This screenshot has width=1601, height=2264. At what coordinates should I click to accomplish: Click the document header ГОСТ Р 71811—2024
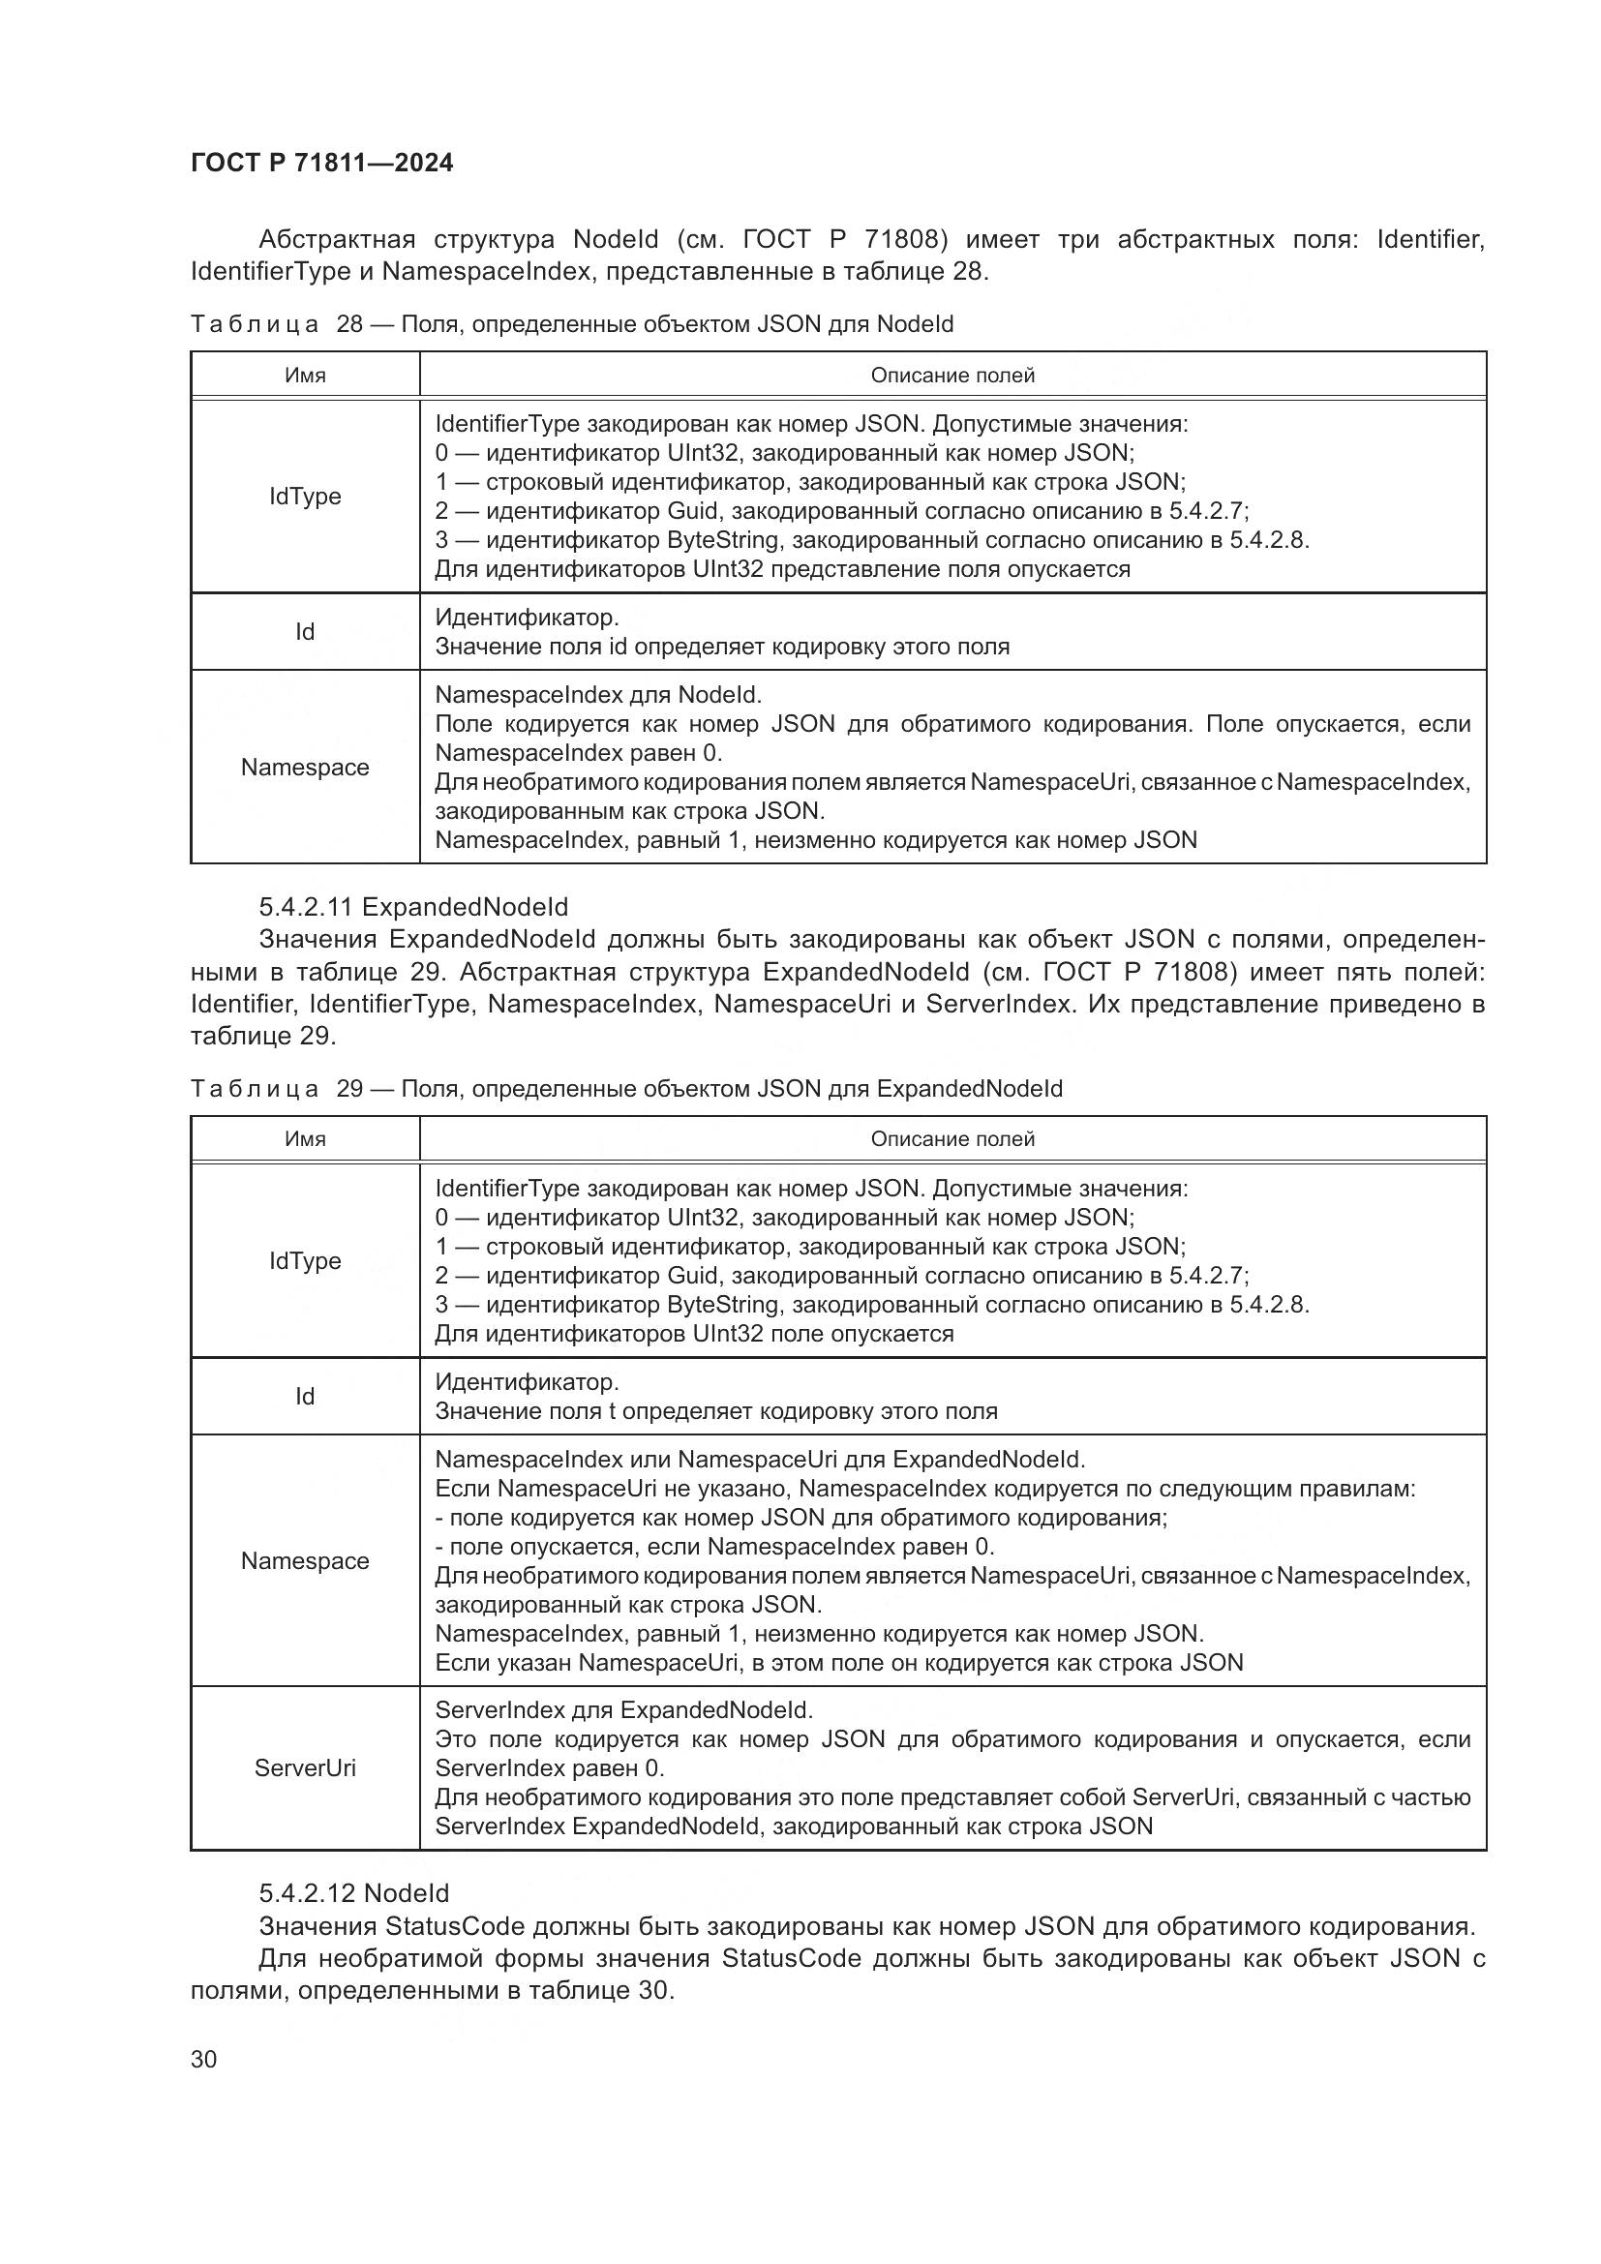pyautogui.click(x=321, y=163)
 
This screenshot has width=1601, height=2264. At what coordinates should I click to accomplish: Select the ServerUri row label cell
pyautogui.click(x=305, y=1768)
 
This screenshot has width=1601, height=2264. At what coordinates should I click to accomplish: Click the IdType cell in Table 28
pyautogui.click(x=305, y=496)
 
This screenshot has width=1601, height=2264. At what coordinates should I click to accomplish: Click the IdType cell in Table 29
pyautogui.click(x=305, y=1260)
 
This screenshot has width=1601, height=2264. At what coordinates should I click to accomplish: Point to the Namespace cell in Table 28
pyautogui.click(x=305, y=768)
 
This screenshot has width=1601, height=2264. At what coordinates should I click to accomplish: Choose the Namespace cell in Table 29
pyautogui.click(x=305, y=1561)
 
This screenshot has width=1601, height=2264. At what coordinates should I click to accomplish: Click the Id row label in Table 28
pyautogui.click(x=305, y=631)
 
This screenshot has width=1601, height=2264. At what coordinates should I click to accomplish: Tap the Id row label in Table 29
pyautogui.click(x=305, y=1397)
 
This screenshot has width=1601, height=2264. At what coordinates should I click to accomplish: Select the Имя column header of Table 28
pyautogui.click(x=305, y=375)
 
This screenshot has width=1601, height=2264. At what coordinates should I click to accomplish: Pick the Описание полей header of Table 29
pyautogui.click(x=952, y=1139)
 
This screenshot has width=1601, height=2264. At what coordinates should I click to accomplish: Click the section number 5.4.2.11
pyautogui.click(x=306, y=906)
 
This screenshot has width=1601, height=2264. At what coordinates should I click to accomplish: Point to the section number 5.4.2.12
pyautogui.click(x=306, y=1893)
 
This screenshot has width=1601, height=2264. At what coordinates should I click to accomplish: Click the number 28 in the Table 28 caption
pyautogui.click(x=350, y=324)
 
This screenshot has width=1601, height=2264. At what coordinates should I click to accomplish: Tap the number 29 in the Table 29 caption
pyautogui.click(x=350, y=1089)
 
